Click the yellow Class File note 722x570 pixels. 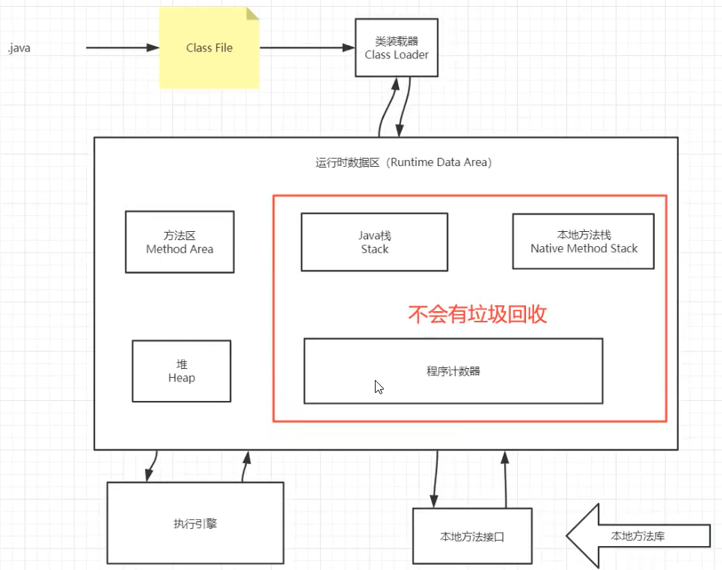click(x=209, y=48)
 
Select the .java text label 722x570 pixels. click(x=19, y=49)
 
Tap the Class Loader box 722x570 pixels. click(x=397, y=49)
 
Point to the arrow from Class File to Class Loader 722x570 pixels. click(x=307, y=48)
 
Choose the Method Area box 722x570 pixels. click(x=180, y=242)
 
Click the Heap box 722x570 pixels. click(x=181, y=371)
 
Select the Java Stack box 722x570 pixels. click(x=374, y=242)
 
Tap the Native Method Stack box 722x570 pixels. click(x=584, y=241)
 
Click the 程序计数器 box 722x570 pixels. click(x=453, y=371)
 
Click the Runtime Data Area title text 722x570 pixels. click(x=403, y=162)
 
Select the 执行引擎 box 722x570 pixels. click(x=195, y=523)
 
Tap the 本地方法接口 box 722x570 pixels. click(x=472, y=536)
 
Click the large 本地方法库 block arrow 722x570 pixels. click(x=636, y=536)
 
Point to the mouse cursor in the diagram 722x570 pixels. click(x=379, y=387)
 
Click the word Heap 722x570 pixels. click(x=181, y=379)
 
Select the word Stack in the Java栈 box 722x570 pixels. click(x=374, y=249)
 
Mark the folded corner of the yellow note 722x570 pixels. click(x=252, y=13)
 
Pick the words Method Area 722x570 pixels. click(x=180, y=249)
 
